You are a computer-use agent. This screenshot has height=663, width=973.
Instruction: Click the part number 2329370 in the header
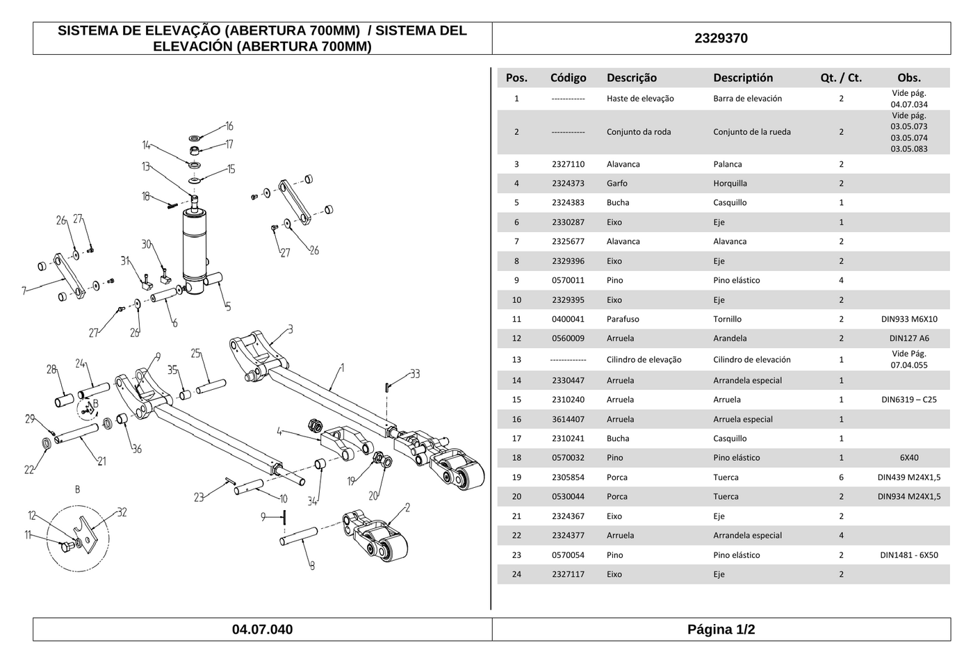click(721, 38)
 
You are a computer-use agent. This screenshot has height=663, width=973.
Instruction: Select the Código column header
click(569, 78)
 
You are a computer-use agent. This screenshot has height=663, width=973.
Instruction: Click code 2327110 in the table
click(569, 164)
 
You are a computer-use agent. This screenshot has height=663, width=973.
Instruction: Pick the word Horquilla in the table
click(730, 183)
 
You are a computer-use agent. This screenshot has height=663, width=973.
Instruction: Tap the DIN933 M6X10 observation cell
click(909, 319)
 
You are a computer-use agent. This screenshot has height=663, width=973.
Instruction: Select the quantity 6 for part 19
click(841, 477)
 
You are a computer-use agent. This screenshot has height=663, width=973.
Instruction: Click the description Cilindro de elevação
click(644, 359)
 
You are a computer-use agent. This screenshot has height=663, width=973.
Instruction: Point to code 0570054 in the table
click(569, 555)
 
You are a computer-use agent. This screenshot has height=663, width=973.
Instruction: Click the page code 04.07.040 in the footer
click(263, 629)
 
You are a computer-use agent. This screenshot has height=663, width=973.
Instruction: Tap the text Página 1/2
click(721, 629)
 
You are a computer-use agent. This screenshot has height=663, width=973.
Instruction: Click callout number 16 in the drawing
click(229, 126)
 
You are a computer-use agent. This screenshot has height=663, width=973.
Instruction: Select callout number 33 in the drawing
click(416, 374)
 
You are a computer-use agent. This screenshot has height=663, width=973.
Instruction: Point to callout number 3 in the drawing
click(291, 329)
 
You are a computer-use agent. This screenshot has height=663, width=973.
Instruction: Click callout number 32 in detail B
click(122, 513)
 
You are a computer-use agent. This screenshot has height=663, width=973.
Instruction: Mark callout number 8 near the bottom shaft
click(312, 566)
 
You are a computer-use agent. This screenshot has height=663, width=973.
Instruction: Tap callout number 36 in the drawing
click(137, 449)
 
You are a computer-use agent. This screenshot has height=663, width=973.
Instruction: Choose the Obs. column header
click(909, 78)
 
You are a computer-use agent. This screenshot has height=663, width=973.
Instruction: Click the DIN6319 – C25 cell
click(909, 400)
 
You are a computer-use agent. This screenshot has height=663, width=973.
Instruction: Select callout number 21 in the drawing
click(101, 461)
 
